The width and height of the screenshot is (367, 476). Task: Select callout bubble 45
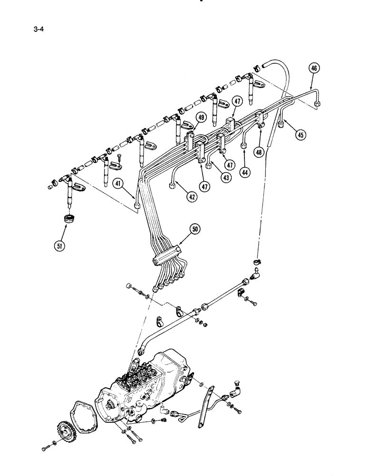(300, 135)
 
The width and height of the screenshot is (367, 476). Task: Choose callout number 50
(195, 229)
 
